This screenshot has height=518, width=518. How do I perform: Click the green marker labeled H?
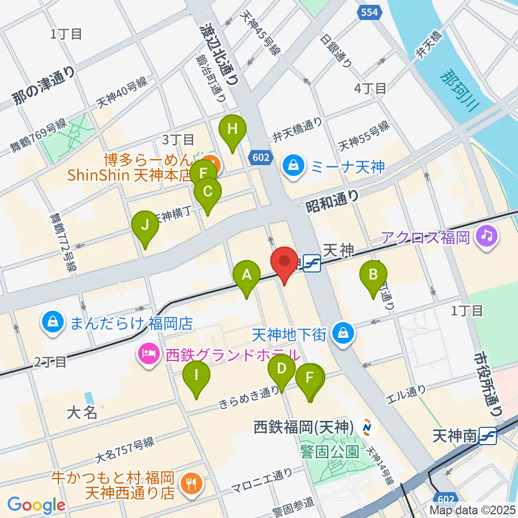[x=233, y=129]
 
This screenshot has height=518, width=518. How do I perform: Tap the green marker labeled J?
[x=145, y=225]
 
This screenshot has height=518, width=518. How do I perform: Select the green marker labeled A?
[x=247, y=275]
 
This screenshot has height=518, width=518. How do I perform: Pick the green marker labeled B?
[x=373, y=275]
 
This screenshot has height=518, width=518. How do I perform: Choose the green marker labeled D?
[x=281, y=370]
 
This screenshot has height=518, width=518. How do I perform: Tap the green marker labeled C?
[x=207, y=191]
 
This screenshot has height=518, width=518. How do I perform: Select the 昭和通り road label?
[x=332, y=202]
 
